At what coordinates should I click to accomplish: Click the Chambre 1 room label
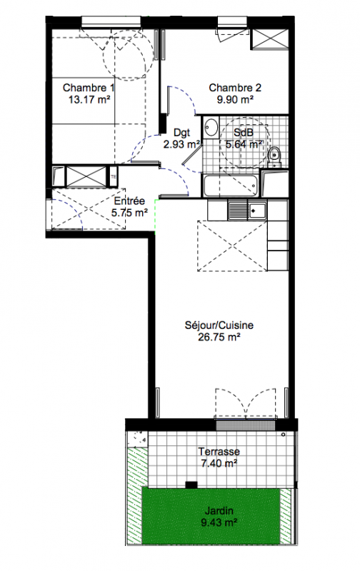tap(88, 88)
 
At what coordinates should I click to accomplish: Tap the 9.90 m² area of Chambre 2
tap(235, 99)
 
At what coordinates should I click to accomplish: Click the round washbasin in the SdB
tap(211, 127)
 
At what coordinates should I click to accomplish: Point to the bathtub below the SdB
tap(231, 186)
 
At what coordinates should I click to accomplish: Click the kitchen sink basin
tap(257, 210)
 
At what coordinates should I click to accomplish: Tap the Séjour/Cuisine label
tap(219, 325)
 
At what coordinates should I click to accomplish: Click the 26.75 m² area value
tap(219, 337)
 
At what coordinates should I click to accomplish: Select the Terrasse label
tap(219, 452)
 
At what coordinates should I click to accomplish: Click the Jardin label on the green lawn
tap(219, 511)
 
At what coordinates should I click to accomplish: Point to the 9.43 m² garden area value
tap(219, 523)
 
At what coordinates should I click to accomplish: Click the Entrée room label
tap(129, 201)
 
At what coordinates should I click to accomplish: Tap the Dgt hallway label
tap(182, 132)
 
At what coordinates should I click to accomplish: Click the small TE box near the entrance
tap(114, 177)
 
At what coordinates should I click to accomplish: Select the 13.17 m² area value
tap(89, 99)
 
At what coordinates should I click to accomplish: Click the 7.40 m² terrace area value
tap(219, 463)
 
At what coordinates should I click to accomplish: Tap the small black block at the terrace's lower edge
tap(191, 485)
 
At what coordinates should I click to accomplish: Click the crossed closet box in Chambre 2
tap(269, 39)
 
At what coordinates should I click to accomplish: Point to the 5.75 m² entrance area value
tap(129, 213)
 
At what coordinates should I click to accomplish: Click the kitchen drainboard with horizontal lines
tap(238, 210)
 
